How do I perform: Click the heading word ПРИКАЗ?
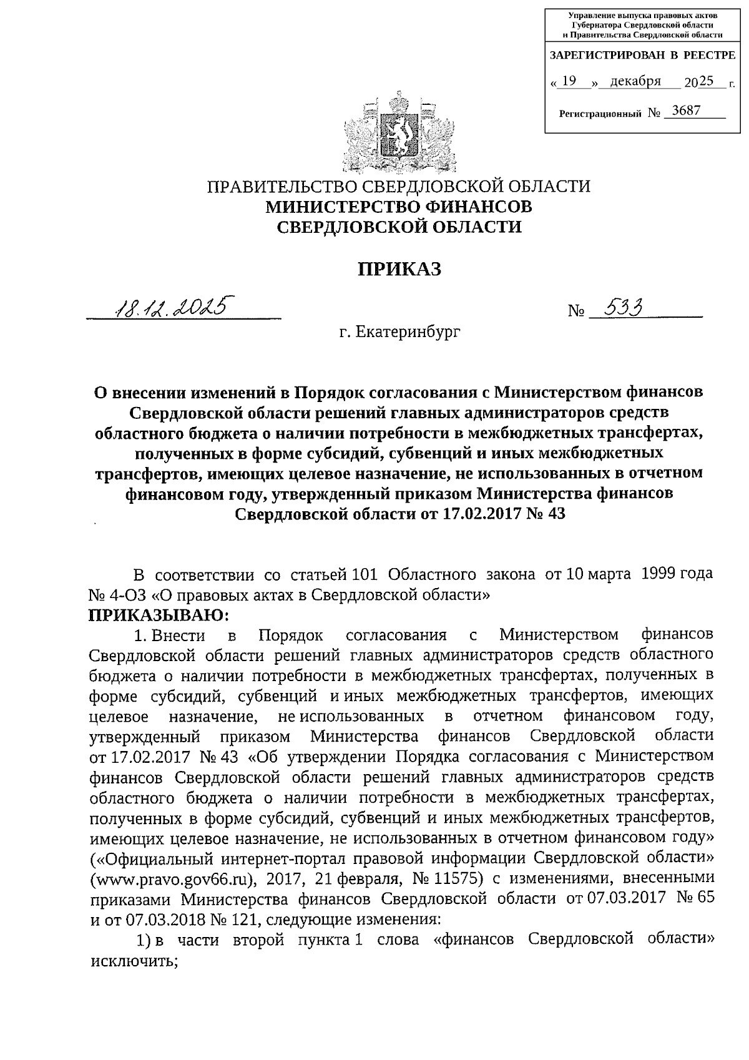point(399,269)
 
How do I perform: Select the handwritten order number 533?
point(619,308)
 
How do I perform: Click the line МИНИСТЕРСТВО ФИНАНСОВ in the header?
point(399,207)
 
